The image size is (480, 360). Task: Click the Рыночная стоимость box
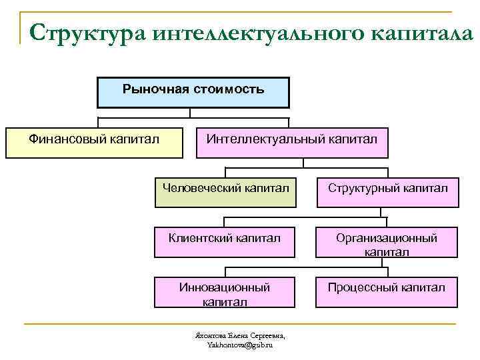point(193,93)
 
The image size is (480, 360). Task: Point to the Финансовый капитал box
point(94,143)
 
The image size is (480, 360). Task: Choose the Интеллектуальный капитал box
point(291,143)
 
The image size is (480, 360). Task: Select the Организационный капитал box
point(387,244)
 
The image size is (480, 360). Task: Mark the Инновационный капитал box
point(224,294)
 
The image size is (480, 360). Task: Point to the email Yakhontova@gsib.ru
point(239,345)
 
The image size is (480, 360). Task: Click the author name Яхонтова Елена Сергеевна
point(239,335)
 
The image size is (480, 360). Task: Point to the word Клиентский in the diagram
point(199,237)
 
